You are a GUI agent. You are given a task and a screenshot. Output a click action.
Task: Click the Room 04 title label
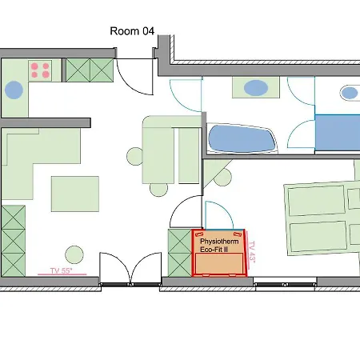tap(132, 31)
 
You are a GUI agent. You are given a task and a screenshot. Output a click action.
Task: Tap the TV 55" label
tap(61, 271)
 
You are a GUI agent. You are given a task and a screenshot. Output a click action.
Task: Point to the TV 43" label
tap(251, 252)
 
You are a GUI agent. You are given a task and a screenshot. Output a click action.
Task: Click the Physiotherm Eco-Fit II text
tap(219, 246)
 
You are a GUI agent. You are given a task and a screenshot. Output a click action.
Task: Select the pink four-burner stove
tap(40, 70)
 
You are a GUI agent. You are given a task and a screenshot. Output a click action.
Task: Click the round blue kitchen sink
tap(14, 90)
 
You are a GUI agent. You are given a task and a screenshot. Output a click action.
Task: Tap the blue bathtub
tap(242, 138)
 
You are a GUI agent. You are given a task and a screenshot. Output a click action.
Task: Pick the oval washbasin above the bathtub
tap(256, 88)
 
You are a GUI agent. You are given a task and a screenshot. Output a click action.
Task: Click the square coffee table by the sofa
tap(75, 194)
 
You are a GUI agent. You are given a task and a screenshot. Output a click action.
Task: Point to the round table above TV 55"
tap(74, 254)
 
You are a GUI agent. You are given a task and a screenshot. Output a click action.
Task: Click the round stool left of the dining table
tap(135, 156)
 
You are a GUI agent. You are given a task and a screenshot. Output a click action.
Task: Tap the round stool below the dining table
tap(158, 190)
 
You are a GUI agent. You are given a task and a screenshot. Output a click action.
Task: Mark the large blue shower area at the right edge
tap(338, 133)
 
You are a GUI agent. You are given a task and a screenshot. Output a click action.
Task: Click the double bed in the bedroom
tap(322, 218)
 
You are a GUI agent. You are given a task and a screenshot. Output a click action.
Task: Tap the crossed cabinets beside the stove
tap(90, 70)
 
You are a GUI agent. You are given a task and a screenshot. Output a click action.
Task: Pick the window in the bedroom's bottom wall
tap(285, 284)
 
